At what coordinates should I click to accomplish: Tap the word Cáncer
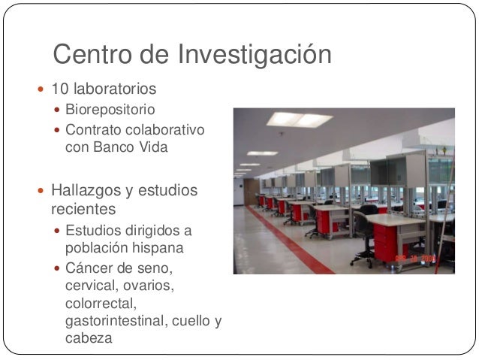click(x=89, y=268)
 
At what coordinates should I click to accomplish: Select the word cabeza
click(x=89, y=339)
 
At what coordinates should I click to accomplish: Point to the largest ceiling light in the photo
click(x=299, y=119)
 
